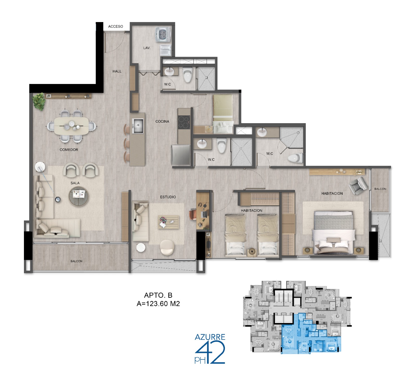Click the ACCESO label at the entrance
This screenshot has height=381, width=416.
115,27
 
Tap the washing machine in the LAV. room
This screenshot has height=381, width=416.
163,34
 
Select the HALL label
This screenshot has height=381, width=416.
117,71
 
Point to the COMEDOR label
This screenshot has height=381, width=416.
69,150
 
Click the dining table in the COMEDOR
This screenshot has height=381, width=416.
71,126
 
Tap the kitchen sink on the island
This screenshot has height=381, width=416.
138,126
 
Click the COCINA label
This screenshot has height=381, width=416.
162,121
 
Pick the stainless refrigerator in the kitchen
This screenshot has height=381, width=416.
181,155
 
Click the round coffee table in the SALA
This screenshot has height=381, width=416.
79,196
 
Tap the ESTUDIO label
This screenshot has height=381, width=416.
168,197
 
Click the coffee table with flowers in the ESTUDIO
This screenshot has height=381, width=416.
168,222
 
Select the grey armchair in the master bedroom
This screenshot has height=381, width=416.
358,185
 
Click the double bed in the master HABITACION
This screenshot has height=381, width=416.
334,232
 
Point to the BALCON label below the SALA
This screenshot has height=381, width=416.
76,261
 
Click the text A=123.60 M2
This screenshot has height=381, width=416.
158,304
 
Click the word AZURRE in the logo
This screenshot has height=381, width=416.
210,337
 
